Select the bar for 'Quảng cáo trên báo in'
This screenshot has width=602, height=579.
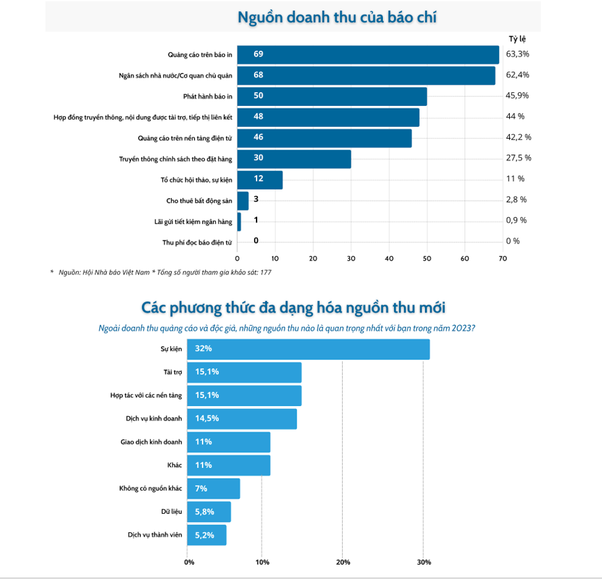368,54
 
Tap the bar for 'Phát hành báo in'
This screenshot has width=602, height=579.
332,96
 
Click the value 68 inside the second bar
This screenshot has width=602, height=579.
259,75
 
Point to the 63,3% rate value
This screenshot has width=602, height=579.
517,53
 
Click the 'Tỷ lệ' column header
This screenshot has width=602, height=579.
518,38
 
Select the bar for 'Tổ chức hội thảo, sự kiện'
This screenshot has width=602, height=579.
260,179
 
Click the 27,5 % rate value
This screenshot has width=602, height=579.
518,158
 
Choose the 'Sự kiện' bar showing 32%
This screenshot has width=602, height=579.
308,349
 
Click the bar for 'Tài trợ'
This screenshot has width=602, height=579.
244,372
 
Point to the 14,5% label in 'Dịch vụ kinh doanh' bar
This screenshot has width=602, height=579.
207,418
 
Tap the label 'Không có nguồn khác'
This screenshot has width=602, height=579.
151,488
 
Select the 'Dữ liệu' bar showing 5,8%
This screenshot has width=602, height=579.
209,511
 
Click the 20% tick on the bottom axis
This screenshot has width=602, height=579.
343,563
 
